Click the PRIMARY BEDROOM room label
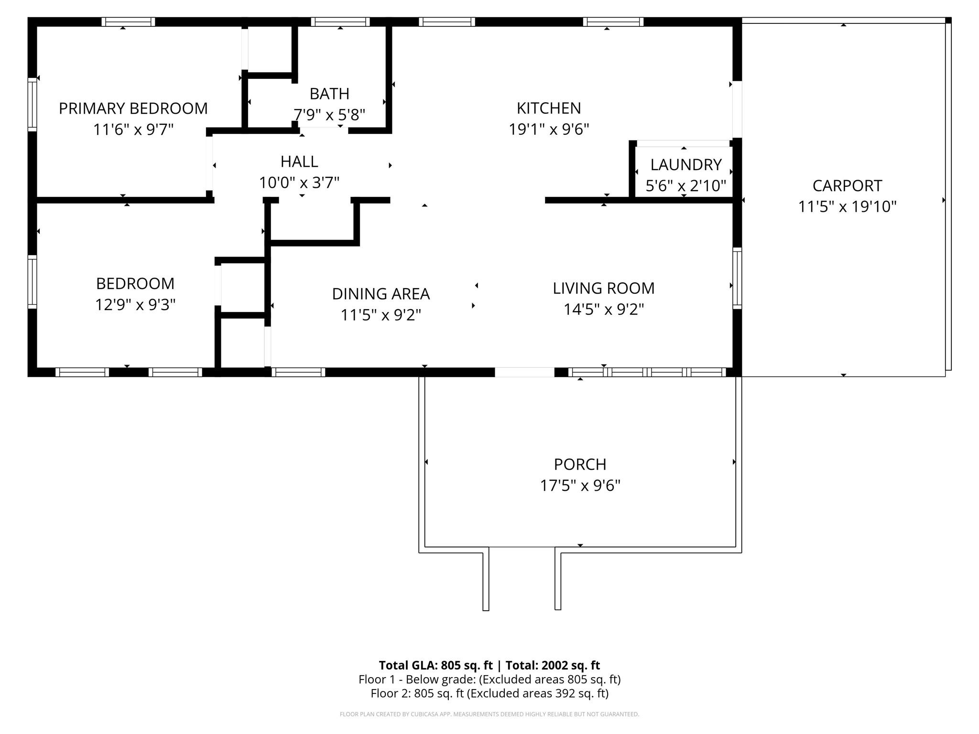click(x=133, y=108)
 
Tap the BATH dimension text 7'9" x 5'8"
click(x=329, y=115)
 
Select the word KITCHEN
click(x=549, y=108)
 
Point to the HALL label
click(x=299, y=162)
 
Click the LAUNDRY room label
click(x=686, y=165)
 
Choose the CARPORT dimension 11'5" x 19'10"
click(x=847, y=207)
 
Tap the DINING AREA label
click(x=381, y=294)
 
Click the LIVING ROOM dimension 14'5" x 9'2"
click(x=604, y=310)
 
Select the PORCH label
click(x=580, y=464)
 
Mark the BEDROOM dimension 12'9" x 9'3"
click(x=135, y=305)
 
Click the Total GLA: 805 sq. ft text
click(x=435, y=665)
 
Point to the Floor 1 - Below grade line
click(x=489, y=680)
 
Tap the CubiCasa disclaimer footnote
click(x=489, y=714)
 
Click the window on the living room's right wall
click(x=737, y=278)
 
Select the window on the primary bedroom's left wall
click(x=32, y=105)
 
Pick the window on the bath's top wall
click(x=340, y=22)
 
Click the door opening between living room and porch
click(x=524, y=372)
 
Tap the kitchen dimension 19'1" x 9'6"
click(x=549, y=130)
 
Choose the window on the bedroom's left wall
click(x=32, y=281)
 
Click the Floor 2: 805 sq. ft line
click(x=489, y=693)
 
